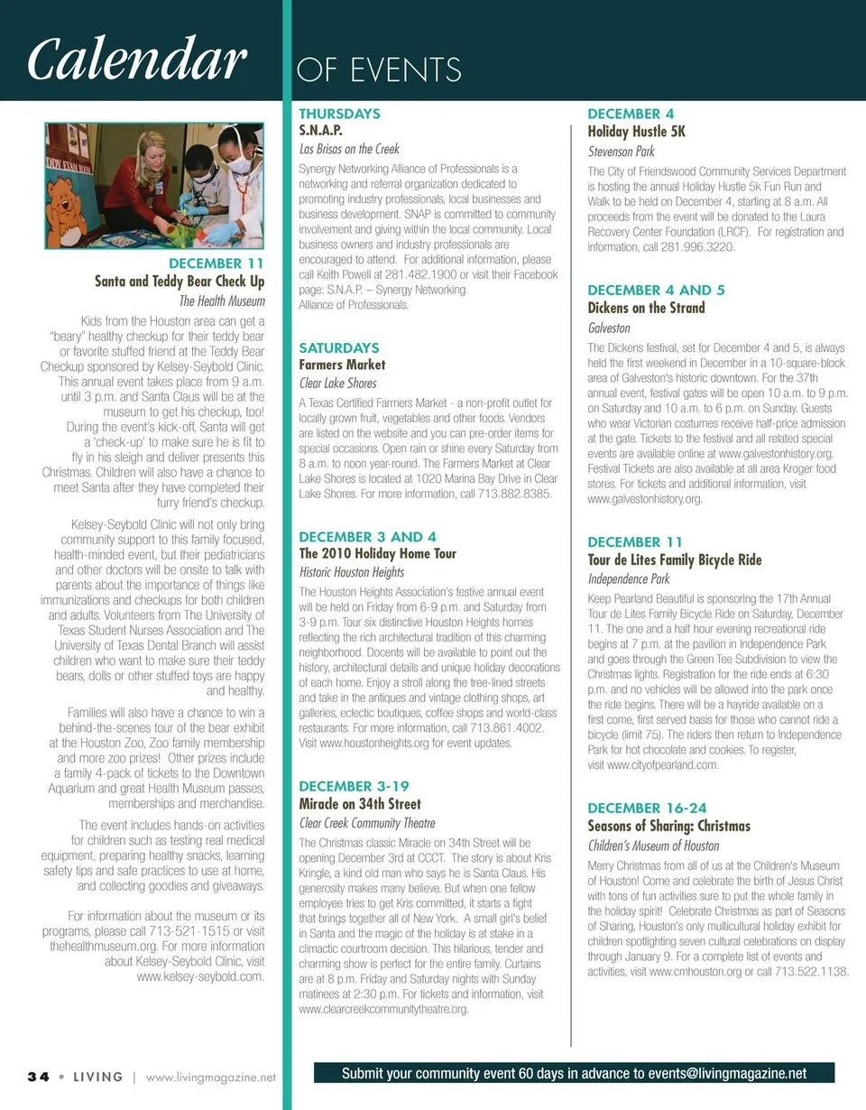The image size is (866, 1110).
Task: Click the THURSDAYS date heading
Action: coord(339,114)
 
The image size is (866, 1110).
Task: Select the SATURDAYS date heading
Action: coord(338,347)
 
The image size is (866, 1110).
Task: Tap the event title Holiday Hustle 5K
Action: coord(637,132)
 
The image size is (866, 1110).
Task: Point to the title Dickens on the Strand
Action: coord(646,308)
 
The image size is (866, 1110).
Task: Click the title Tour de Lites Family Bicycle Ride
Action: coord(675,560)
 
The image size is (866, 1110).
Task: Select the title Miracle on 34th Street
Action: coord(359,803)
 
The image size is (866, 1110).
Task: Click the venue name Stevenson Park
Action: coord(621,152)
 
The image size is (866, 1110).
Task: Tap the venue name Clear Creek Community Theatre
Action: coord(366,823)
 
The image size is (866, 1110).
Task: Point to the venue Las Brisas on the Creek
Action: coord(348,149)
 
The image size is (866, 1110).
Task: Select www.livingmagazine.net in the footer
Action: coord(209,1077)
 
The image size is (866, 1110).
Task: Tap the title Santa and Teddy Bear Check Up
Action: coord(180,282)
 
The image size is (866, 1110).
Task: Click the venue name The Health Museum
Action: coord(222,301)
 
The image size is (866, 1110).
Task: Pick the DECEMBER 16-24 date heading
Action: coord(647,808)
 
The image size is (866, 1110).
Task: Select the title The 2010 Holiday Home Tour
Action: coord(377,553)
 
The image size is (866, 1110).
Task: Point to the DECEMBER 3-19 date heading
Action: coord(354,786)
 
